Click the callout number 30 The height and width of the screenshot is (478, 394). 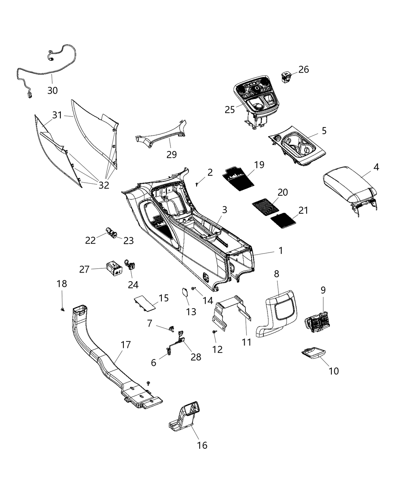(53, 90)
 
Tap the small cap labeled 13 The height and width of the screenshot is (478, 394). (185, 293)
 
